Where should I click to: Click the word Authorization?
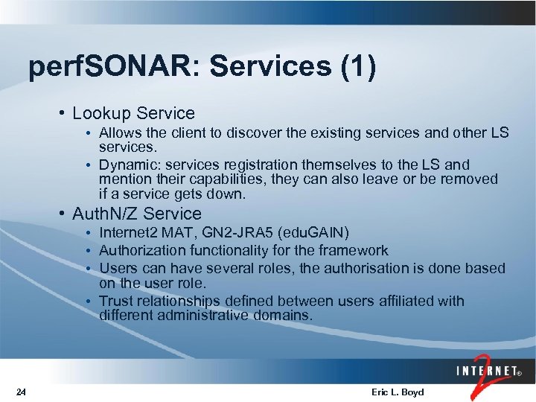(143, 251)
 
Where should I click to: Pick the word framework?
(353, 251)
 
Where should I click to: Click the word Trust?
(115, 301)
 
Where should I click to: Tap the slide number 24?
(21, 392)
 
